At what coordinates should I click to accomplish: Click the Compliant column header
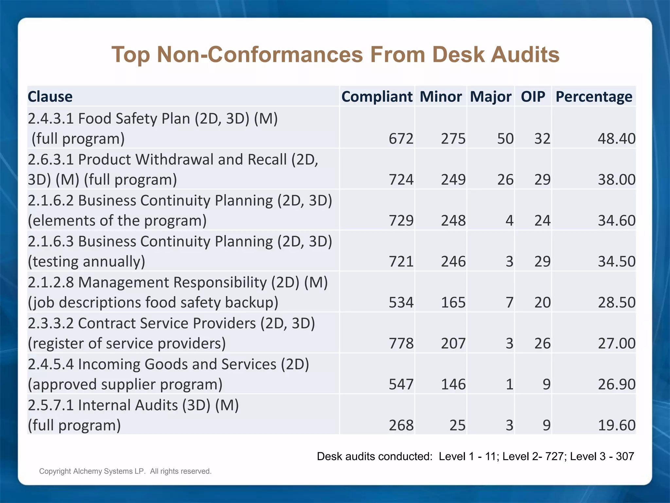pyautogui.click(x=377, y=97)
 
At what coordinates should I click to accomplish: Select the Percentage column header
pyautogui.click(x=594, y=97)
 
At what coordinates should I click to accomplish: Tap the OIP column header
pyautogui.click(x=533, y=97)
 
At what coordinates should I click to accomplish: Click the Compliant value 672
pyautogui.click(x=401, y=139)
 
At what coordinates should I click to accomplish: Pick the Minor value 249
pyautogui.click(x=453, y=179)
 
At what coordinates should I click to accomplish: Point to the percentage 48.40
pyautogui.click(x=616, y=139)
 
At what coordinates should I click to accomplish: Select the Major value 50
pyautogui.click(x=505, y=139)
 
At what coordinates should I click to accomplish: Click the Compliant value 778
pyautogui.click(x=401, y=343)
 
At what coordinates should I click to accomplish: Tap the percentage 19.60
pyautogui.click(x=616, y=425)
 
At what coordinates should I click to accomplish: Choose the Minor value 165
pyautogui.click(x=453, y=302)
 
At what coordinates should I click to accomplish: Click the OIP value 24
pyautogui.click(x=542, y=220)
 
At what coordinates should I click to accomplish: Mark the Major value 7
pyautogui.click(x=509, y=302)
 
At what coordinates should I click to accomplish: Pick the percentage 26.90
pyautogui.click(x=616, y=384)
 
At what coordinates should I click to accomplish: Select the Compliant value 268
pyautogui.click(x=401, y=425)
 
